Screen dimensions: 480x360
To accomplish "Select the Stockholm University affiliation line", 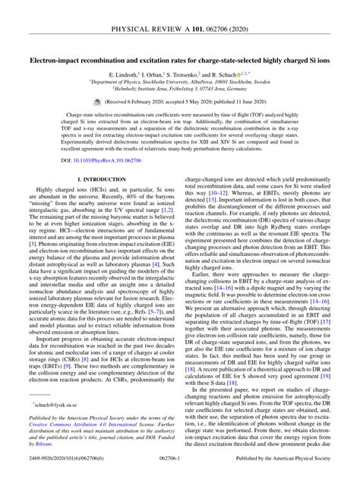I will coord(179,82).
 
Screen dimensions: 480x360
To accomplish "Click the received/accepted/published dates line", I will coord(185,103).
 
